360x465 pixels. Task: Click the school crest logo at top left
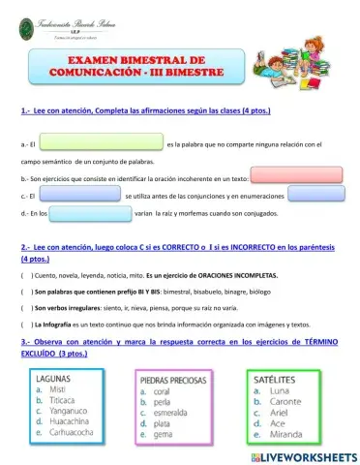click(15, 27)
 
